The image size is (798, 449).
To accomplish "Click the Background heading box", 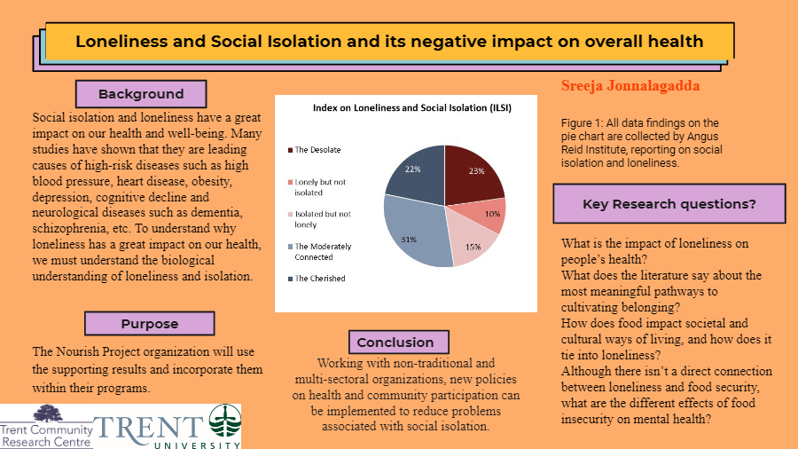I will tap(141, 94).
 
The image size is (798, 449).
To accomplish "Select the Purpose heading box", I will tap(150, 324).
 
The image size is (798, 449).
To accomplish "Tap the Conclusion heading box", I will tap(395, 342).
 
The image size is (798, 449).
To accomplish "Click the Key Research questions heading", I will tap(669, 204).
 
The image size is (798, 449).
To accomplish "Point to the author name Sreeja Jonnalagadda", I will tap(630, 86).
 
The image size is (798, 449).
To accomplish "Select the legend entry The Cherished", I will tap(319, 278).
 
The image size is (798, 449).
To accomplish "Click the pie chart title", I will tap(412, 107).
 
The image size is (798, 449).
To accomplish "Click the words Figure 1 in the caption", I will tap(583, 122).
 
